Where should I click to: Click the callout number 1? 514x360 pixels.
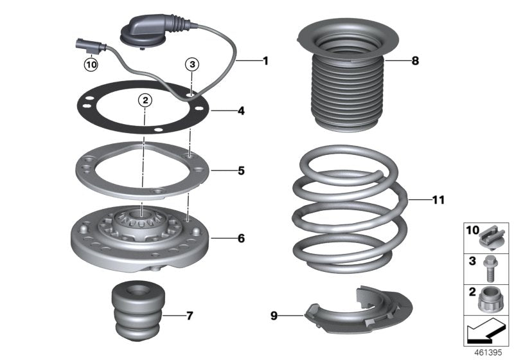click(x=264, y=61)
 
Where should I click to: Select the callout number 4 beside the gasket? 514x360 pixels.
click(x=241, y=111)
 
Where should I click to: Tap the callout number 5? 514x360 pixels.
click(x=241, y=171)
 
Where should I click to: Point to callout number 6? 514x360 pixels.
click(x=241, y=239)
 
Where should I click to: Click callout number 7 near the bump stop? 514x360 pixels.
click(x=190, y=316)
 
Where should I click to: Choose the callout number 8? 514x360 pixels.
click(x=415, y=61)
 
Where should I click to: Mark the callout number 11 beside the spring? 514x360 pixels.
click(x=438, y=201)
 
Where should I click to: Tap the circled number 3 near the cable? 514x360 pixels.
click(x=192, y=64)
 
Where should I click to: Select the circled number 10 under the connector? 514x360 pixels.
click(x=91, y=64)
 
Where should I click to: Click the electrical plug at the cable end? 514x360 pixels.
click(x=84, y=46)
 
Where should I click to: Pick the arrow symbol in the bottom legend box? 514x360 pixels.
click(x=485, y=331)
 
